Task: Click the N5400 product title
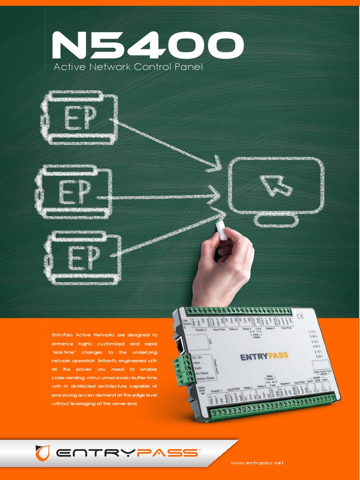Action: click(148, 45)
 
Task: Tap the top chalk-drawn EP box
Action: click(79, 118)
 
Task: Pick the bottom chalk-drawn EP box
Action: click(83, 258)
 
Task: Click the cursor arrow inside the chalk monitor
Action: click(276, 185)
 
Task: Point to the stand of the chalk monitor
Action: click(276, 219)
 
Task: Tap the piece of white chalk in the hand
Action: click(221, 231)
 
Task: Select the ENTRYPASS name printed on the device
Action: click(264, 357)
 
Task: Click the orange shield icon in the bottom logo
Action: click(43, 453)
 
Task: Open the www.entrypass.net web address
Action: click(257, 463)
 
